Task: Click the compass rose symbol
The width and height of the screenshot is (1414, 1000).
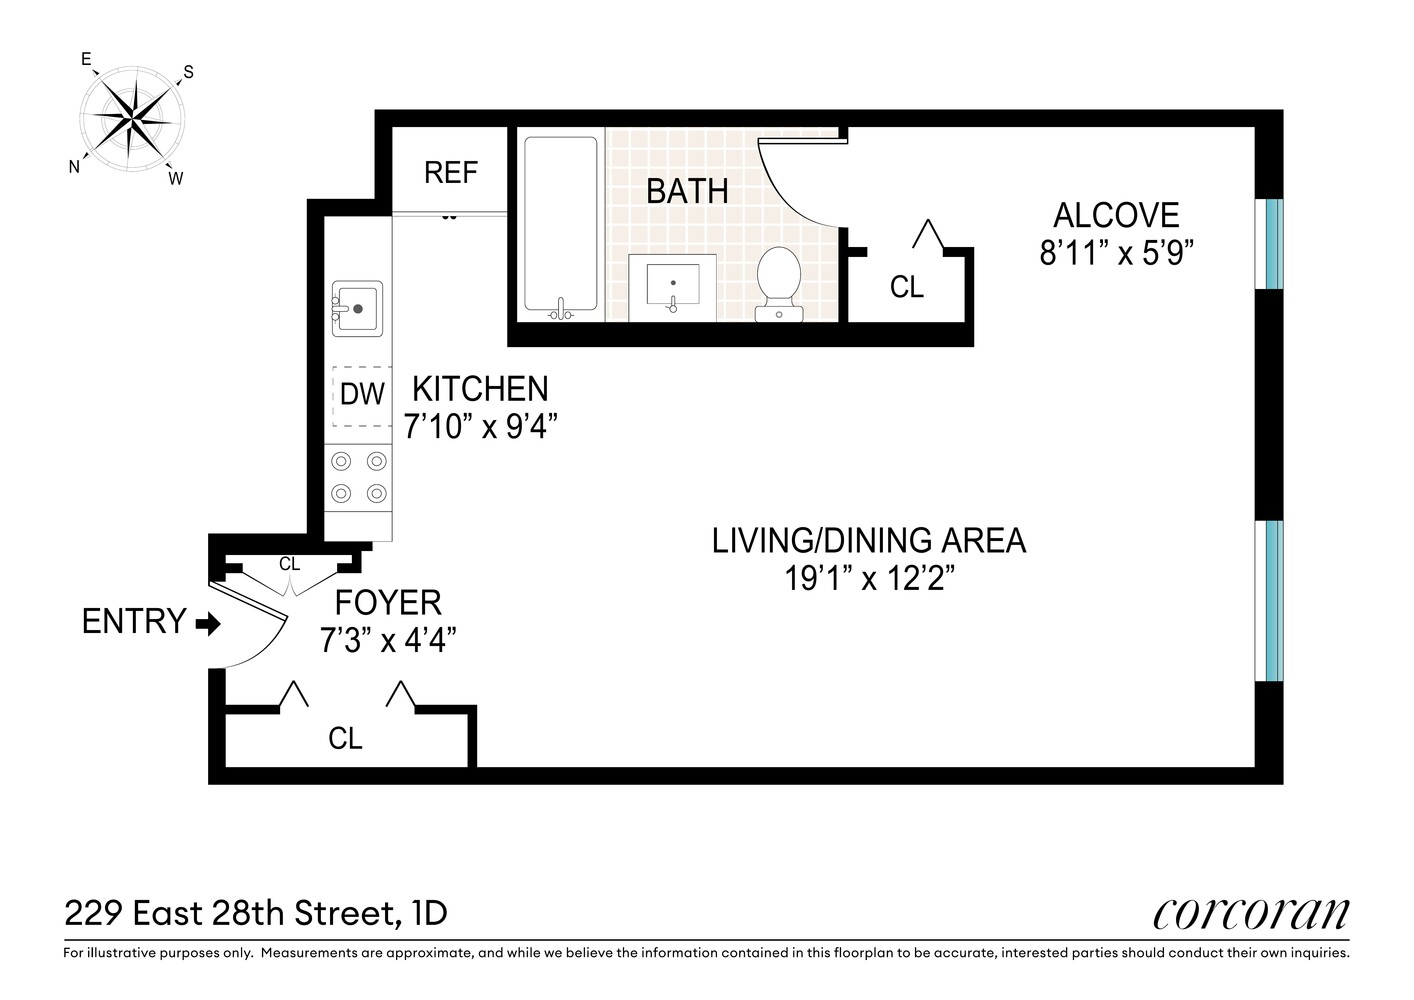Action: point(131,119)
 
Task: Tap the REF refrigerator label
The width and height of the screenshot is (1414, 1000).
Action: point(450,172)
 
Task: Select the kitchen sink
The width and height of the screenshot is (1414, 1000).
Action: point(357,308)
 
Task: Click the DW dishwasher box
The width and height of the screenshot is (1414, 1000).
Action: point(361,394)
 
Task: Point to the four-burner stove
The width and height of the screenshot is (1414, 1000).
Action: point(359,477)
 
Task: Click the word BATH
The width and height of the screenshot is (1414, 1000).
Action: point(687,191)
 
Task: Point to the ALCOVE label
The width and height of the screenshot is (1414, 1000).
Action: point(1116,215)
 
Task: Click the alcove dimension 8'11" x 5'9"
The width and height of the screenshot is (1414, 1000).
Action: point(1116,253)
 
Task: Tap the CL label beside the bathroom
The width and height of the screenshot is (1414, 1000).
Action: point(906,287)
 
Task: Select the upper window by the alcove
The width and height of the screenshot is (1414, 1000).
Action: point(1271,243)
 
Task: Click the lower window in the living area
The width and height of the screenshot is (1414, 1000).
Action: point(1271,600)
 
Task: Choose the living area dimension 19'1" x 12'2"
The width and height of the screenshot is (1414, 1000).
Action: point(868,578)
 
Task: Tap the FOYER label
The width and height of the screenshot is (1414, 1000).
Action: point(388,602)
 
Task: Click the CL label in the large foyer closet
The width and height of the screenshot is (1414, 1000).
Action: point(345,738)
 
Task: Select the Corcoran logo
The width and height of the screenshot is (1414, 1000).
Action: point(1251,913)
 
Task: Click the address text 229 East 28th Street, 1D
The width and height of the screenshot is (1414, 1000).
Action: point(256,913)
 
